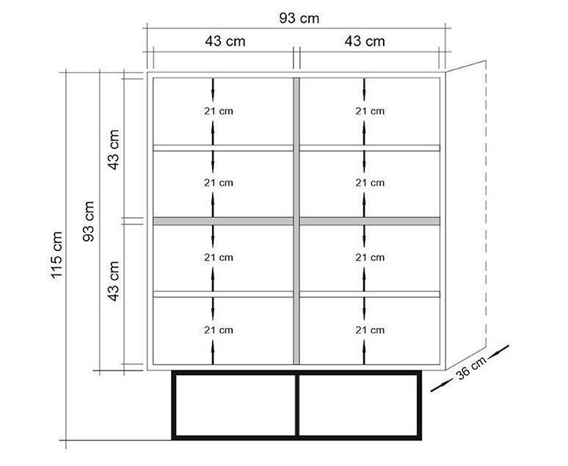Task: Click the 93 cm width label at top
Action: tap(299, 18)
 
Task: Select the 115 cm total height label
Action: tap(57, 255)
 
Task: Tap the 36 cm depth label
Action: tap(471, 368)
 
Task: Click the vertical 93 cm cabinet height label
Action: tap(88, 221)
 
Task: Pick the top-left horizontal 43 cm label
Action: tap(225, 41)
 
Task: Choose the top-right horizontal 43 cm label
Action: tap(365, 41)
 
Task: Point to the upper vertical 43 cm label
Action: tap(114, 150)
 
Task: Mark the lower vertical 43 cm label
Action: tap(114, 281)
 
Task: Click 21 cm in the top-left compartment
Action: tap(219, 112)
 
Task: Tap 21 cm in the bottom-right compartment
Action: tap(370, 330)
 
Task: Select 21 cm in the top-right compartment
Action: tap(370, 112)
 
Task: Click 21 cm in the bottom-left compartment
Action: tap(219, 330)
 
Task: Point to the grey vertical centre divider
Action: tap(296, 221)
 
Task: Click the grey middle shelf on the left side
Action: tap(223, 221)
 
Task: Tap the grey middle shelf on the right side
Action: tap(370, 221)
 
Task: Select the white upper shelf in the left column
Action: tap(223, 148)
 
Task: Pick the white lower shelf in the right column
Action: tap(370, 294)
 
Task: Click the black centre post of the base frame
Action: tap(297, 405)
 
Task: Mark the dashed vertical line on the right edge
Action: tap(486, 203)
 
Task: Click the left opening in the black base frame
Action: tap(236, 405)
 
